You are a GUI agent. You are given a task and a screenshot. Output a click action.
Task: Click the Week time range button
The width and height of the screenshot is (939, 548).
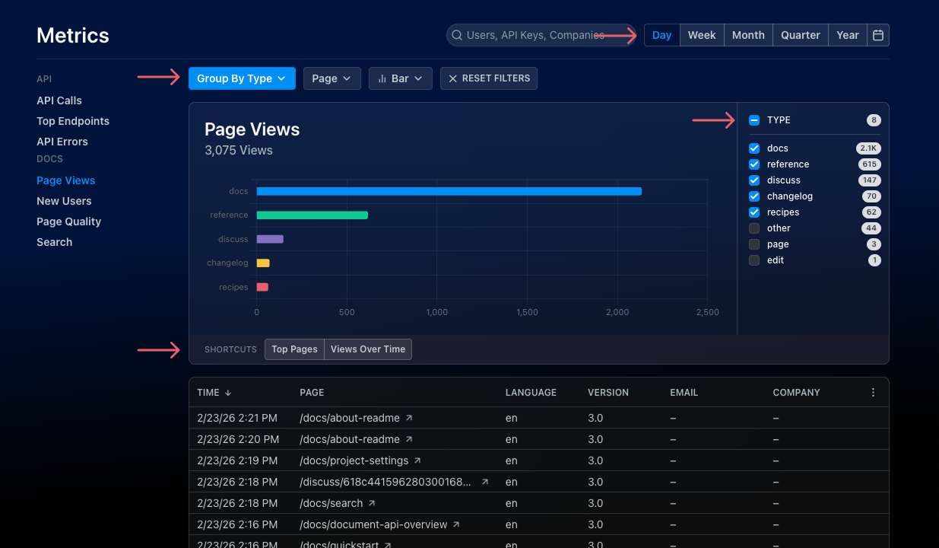tap(701, 35)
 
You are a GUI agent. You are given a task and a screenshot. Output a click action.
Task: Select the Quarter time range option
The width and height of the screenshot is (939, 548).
tap(800, 35)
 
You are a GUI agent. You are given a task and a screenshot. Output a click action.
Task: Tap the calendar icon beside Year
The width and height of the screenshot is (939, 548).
tap(878, 35)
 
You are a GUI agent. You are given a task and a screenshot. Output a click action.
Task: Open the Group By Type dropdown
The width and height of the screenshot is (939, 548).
tap(242, 78)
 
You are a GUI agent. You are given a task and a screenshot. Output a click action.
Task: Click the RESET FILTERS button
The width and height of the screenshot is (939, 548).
tap(488, 78)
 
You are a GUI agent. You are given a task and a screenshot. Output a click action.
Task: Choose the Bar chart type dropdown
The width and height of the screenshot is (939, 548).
tap(400, 78)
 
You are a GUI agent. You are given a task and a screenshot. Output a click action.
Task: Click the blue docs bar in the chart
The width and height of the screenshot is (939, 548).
tap(449, 191)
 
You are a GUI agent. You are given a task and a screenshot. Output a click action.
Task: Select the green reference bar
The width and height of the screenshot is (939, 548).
tap(312, 215)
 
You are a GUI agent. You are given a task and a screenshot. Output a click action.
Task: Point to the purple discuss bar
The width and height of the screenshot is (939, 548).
tap(270, 239)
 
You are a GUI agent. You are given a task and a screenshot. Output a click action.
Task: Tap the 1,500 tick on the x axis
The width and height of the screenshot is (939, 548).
tap(527, 312)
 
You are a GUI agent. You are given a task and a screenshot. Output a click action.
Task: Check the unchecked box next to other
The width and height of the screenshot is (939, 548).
tap(754, 228)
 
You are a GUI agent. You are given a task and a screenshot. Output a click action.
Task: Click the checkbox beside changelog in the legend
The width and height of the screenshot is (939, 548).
tap(754, 196)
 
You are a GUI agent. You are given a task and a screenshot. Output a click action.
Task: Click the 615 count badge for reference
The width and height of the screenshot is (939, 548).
tap(868, 164)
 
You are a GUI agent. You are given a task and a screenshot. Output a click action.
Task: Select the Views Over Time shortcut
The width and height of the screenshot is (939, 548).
tap(368, 349)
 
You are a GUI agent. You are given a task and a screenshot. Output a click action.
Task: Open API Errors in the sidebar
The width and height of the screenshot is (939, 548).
tap(62, 142)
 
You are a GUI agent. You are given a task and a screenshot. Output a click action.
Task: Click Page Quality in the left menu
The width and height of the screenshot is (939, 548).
tap(68, 221)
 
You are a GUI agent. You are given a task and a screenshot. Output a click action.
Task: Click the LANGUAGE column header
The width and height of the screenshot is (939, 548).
tap(531, 393)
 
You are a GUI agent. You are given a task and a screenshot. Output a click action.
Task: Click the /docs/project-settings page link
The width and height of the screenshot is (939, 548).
tap(354, 460)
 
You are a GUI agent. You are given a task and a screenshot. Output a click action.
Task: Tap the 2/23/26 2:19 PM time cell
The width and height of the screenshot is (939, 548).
tap(237, 460)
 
